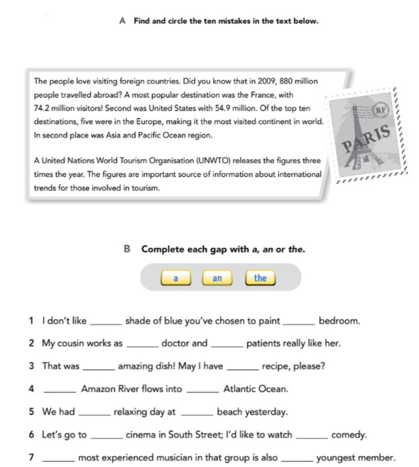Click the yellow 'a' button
[x=176, y=278]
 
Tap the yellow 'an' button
[x=217, y=278]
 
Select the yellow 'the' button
[x=260, y=278]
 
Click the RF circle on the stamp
[x=381, y=109]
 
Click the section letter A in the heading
[x=122, y=21]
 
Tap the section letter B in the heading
[x=127, y=249]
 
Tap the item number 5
[x=32, y=412]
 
